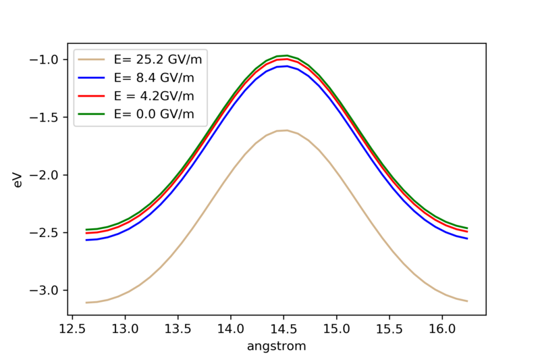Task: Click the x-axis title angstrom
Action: point(277,346)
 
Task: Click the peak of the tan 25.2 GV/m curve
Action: point(286,130)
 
